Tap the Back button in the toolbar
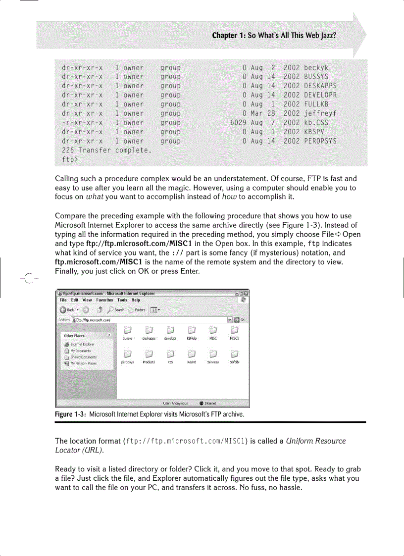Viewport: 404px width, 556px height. point(67,310)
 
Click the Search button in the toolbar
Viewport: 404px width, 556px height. point(117,310)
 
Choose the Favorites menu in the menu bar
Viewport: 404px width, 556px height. point(104,300)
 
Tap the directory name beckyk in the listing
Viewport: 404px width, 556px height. point(316,68)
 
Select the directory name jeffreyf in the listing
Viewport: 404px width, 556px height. point(320,113)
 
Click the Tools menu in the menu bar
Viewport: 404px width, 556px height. point(122,300)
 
